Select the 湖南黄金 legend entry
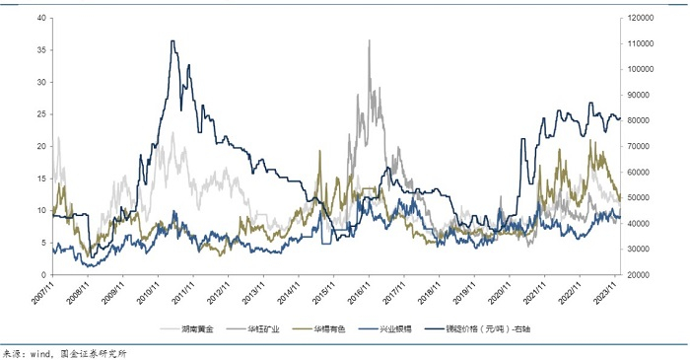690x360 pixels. click(195, 327)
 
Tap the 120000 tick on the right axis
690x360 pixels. click(641, 18)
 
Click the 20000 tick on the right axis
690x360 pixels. click(639, 275)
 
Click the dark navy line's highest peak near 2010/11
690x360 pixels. click(172, 41)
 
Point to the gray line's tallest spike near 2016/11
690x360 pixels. click(370, 40)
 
